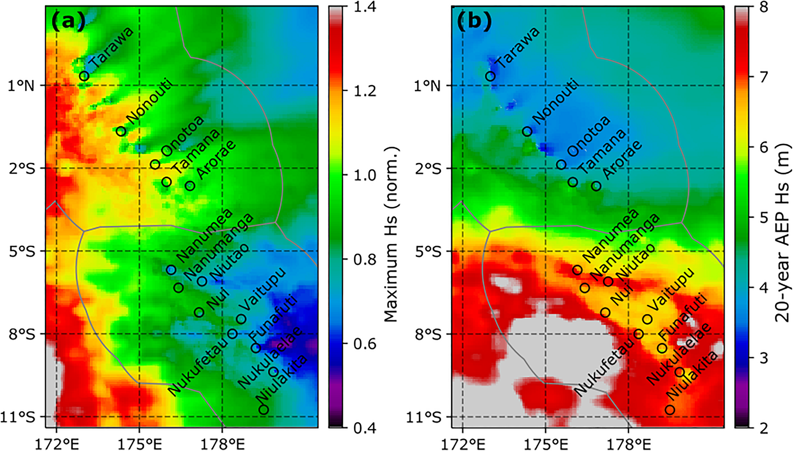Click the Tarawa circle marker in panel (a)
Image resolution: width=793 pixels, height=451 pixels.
tap(84, 76)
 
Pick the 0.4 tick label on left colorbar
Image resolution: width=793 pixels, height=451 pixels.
tap(365, 428)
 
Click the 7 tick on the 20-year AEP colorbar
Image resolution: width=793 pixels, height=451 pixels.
tap(764, 76)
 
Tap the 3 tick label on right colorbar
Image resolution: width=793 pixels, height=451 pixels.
tap(764, 358)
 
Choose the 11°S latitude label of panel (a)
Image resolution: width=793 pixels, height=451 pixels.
tap(18, 417)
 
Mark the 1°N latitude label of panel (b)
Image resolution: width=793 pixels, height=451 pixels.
tap(427, 86)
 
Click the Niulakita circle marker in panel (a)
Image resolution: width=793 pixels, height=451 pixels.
tap(264, 409)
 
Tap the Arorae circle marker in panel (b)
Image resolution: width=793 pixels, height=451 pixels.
tap(596, 186)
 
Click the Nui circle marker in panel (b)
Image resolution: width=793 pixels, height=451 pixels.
tap(605, 312)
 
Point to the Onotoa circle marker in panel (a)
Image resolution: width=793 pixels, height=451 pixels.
tap(155, 164)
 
